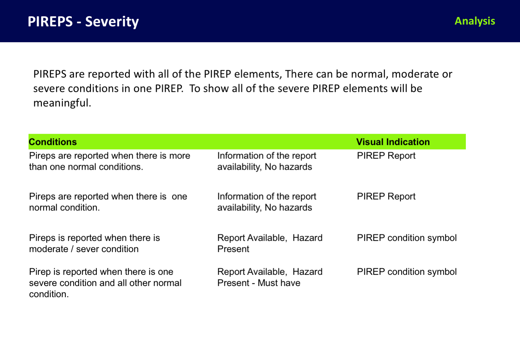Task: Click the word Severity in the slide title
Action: click(x=112, y=22)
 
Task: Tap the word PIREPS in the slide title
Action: click(x=50, y=22)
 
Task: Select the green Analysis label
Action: click(x=474, y=21)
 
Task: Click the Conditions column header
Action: click(x=53, y=142)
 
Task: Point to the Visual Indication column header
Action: click(x=393, y=142)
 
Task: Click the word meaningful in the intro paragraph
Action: click(x=62, y=103)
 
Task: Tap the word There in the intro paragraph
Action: click(x=299, y=74)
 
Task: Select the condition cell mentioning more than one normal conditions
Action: click(x=109, y=161)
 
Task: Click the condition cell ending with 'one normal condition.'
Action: click(x=108, y=202)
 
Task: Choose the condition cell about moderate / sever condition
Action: click(x=94, y=243)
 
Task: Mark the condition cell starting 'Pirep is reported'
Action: click(x=105, y=283)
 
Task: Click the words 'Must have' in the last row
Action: click(x=279, y=283)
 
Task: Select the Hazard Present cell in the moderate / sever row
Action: click(x=269, y=243)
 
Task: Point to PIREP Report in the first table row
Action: click(x=386, y=156)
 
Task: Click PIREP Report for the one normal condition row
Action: click(x=386, y=196)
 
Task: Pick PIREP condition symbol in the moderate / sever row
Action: click(x=407, y=238)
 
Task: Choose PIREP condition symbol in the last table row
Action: click(x=407, y=272)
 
